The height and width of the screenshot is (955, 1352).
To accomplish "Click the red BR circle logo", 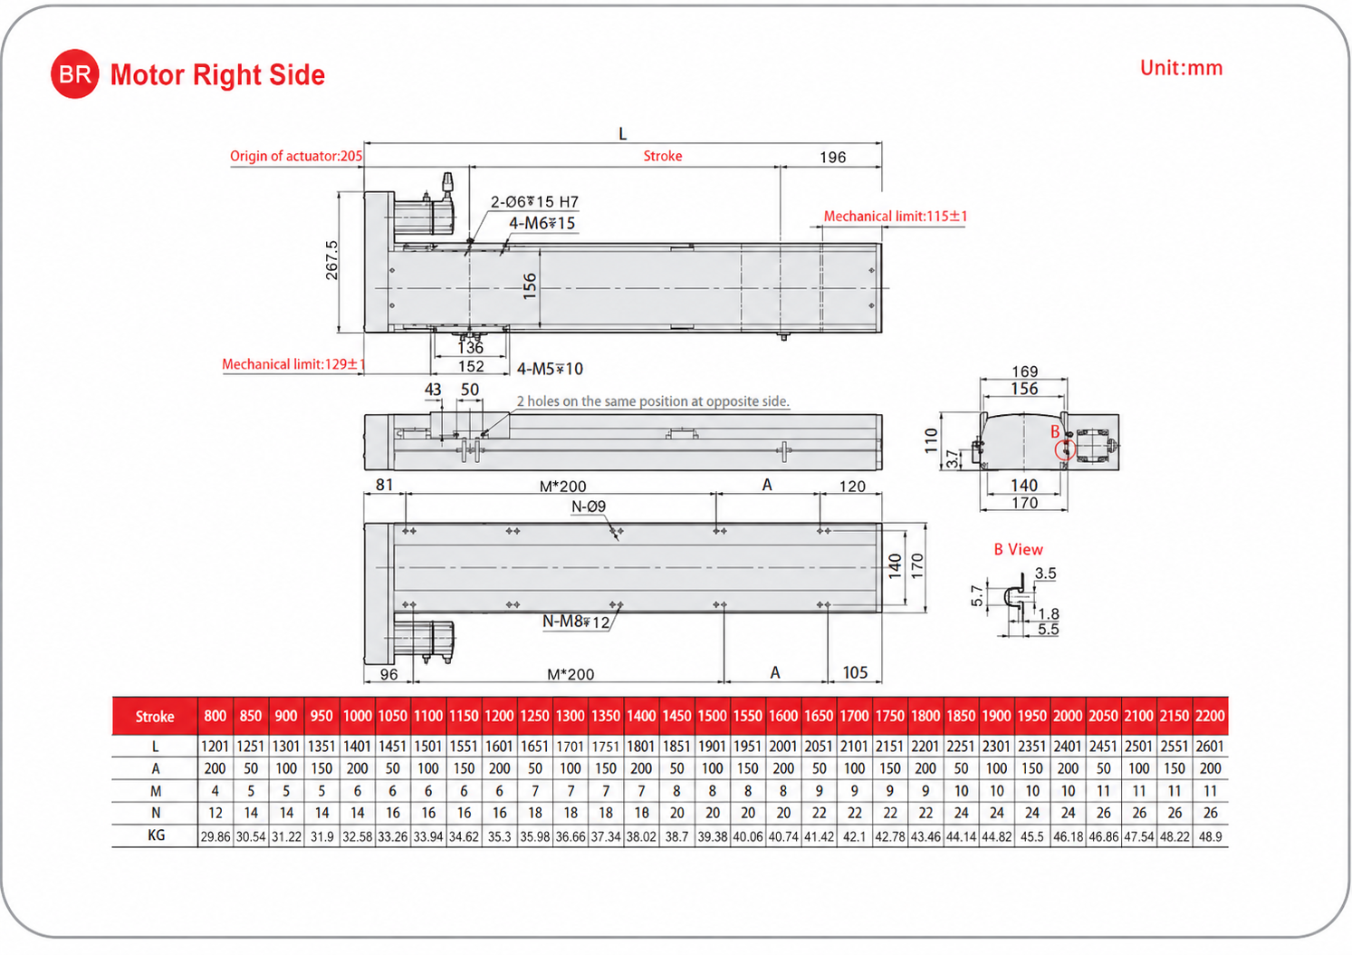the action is click(75, 73).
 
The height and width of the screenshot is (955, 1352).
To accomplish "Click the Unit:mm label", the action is click(1181, 68).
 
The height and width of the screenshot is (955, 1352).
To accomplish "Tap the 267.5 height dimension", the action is click(331, 260).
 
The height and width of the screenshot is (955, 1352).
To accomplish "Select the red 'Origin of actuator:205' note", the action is click(296, 156).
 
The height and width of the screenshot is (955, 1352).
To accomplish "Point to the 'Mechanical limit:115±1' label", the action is click(896, 217).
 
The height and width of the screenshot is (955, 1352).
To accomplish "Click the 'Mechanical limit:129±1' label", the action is click(294, 364).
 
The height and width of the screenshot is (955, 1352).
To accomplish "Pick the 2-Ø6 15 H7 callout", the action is click(534, 202).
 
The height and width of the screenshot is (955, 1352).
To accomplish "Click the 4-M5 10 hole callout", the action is click(550, 369).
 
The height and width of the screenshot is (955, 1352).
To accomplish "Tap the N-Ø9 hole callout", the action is click(589, 506).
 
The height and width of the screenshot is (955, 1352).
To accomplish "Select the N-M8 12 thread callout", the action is click(576, 622).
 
